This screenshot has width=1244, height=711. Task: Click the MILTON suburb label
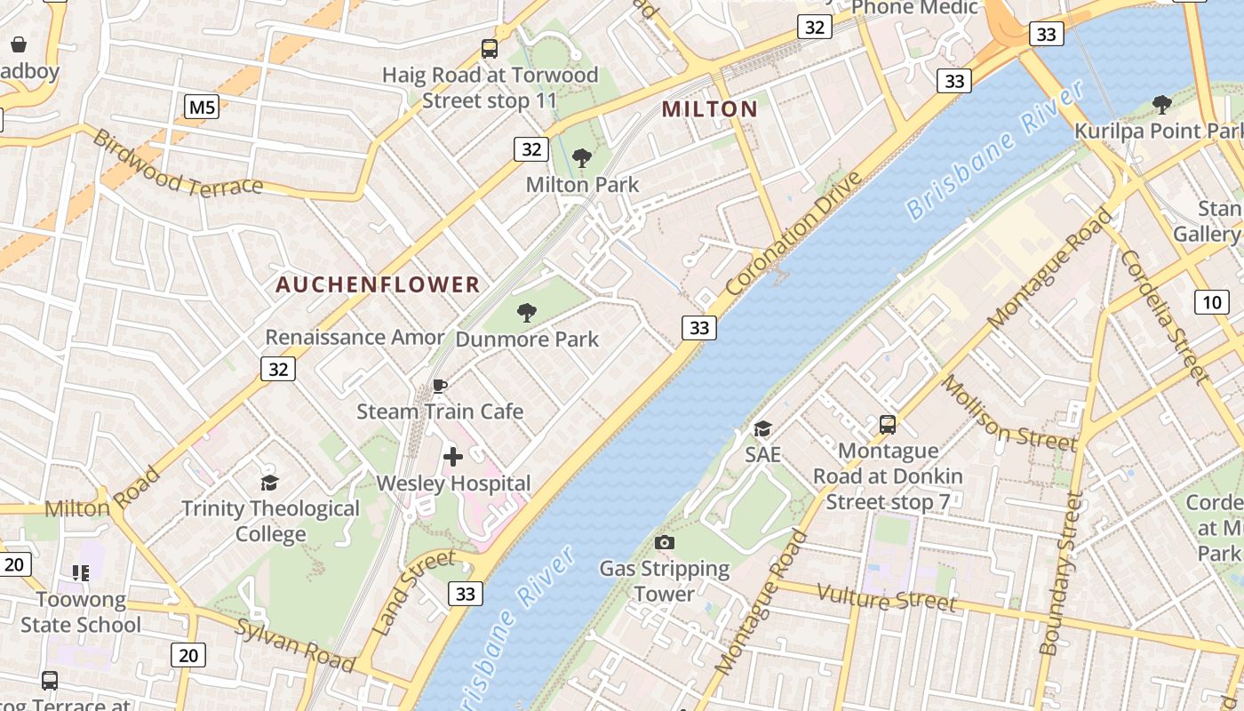[710, 109]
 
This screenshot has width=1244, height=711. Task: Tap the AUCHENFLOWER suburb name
[378, 284]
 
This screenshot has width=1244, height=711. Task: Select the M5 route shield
[202, 108]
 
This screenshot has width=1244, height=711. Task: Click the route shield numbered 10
[1212, 301]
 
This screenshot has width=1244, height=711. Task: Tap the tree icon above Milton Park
[582, 159]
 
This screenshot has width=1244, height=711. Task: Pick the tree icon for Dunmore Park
[527, 313]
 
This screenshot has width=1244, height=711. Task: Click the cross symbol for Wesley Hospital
[453, 457]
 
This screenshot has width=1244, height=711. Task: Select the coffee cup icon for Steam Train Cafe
[439, 386]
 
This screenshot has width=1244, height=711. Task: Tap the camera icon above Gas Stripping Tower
[664, 542]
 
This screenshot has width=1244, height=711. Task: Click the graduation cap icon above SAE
[762, 429]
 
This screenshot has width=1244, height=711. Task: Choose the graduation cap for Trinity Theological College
[269, 483]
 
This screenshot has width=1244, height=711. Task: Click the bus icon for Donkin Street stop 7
[887, 425]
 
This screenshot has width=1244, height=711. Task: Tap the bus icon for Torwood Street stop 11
[490, 49]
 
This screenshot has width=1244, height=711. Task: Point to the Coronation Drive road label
[793, 234]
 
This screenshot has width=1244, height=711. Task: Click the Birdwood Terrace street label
[178, 164]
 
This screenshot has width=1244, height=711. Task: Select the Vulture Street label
[886, 597]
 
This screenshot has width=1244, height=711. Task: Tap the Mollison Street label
[1009, 413]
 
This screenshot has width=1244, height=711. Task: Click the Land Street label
[414, 593]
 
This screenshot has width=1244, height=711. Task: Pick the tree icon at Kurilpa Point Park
[1161, 105]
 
